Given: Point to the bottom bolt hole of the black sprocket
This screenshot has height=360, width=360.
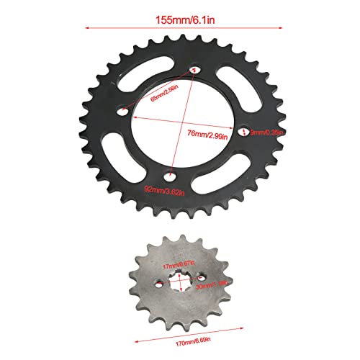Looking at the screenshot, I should pos(170,175).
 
